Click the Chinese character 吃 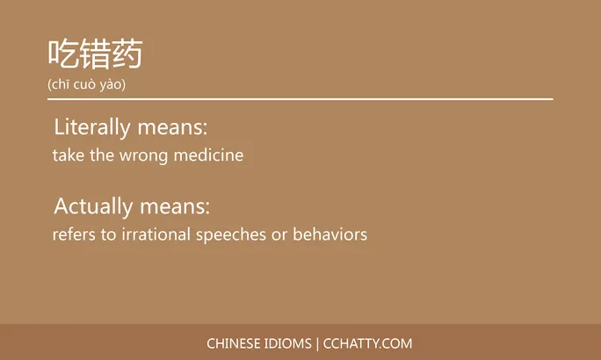pyautogui.click(x=63, y=54)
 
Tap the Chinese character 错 pyautogui.click(x=95, y=54)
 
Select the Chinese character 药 pyautogui.click(x=127, y=54)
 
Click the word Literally pyautogui.click(x=92, y=127)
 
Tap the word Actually pyautogui.click(x=91, y=207)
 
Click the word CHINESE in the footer pyautogui.click(x=234, y=343)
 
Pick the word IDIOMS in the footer pyautogui.click(x=288, y=343)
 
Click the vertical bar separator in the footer pyautogui.click(x=317, y=343)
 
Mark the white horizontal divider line pyautogui.click(x=300, y=99)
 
